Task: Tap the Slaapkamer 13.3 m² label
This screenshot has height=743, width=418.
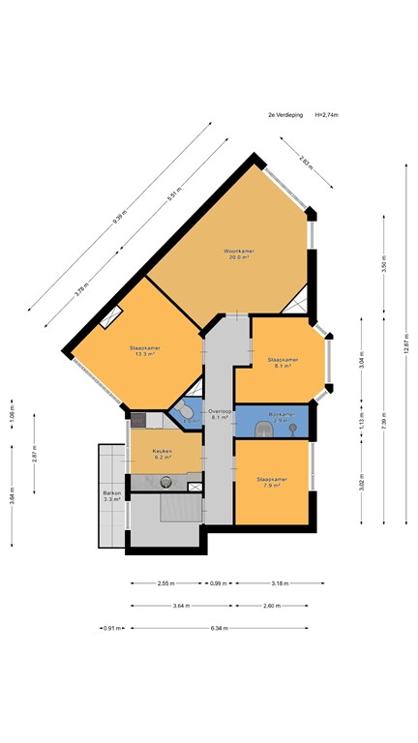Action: (x=144, y=350)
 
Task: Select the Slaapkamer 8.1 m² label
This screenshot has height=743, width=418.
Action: (x=282, y=363)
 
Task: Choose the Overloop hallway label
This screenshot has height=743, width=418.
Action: (x=220, y=414)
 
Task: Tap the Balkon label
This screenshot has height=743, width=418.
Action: (x=111, y=496)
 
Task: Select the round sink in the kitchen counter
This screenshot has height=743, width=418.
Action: (x=165, y=480)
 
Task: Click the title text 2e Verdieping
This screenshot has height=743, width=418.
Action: (x=285, y=114)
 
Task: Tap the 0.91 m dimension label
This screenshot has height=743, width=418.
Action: (x=114, y=628)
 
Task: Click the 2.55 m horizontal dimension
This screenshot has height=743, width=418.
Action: (x=165, y=583)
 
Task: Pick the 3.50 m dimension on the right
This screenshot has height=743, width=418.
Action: (x=383, y=268)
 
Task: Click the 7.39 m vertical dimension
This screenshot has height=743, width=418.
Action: (x=383, y=423)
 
